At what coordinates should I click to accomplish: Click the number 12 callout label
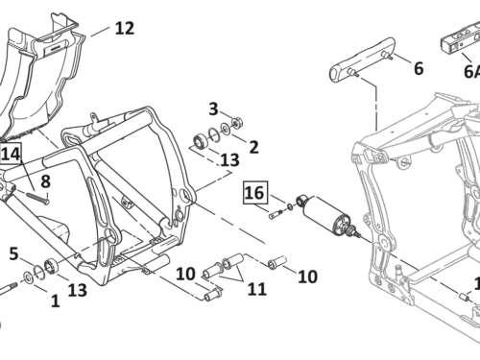point(125,28)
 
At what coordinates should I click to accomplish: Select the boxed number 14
point(11,154)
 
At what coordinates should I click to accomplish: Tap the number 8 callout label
point(45,181)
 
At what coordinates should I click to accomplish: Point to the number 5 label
point(13,253)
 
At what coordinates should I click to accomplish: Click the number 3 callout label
point(213,109)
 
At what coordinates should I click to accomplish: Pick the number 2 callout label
point(253,147)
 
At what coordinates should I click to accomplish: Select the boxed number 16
point(255,193)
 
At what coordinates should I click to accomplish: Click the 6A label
point(472,71)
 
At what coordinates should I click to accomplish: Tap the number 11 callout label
point(257,289)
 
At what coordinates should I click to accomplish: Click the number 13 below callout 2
point(229,160)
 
